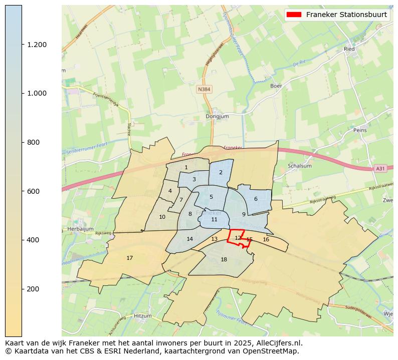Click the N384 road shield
pos(204,89)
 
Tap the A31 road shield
pos(380,169)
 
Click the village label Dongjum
pos(217,117)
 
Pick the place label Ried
pos(349,49)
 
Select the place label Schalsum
pos(300,166)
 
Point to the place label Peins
pos(360,130)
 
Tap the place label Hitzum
pos(142,316)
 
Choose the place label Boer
pos(276,86)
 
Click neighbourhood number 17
pos(129,258)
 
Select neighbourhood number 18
pos(224,259)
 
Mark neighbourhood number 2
pos(221,172)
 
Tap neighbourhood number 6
pos(256,199)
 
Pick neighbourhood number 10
pos(162,217)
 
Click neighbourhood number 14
pos(189,239)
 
